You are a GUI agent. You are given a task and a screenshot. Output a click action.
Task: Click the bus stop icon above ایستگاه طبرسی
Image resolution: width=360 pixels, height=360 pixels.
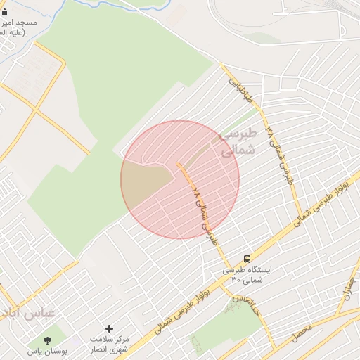247,259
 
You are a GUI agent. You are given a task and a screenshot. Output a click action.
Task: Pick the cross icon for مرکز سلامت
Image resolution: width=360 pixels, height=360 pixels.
109,328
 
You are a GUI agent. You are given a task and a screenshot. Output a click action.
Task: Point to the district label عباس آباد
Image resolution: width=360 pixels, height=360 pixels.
25,314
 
